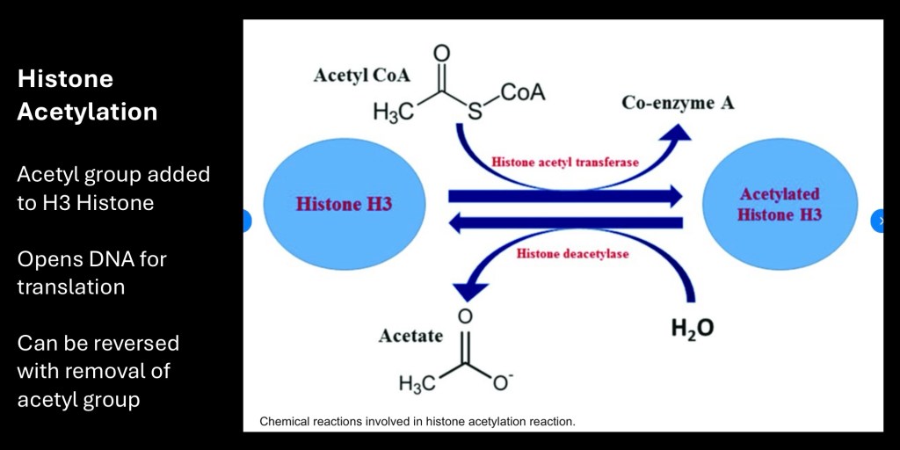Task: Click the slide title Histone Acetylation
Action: (87, 95)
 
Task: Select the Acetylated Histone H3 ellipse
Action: (780, 205)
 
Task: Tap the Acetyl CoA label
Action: (361, 76)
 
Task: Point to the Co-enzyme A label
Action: (678, 103)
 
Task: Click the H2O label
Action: (693, 329)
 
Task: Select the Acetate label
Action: (410, 336)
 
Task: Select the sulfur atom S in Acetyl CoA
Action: (475, 112)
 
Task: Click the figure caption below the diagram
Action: (417, 422)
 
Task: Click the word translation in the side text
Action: (70, 287)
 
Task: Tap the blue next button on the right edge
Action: (880, 221)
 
